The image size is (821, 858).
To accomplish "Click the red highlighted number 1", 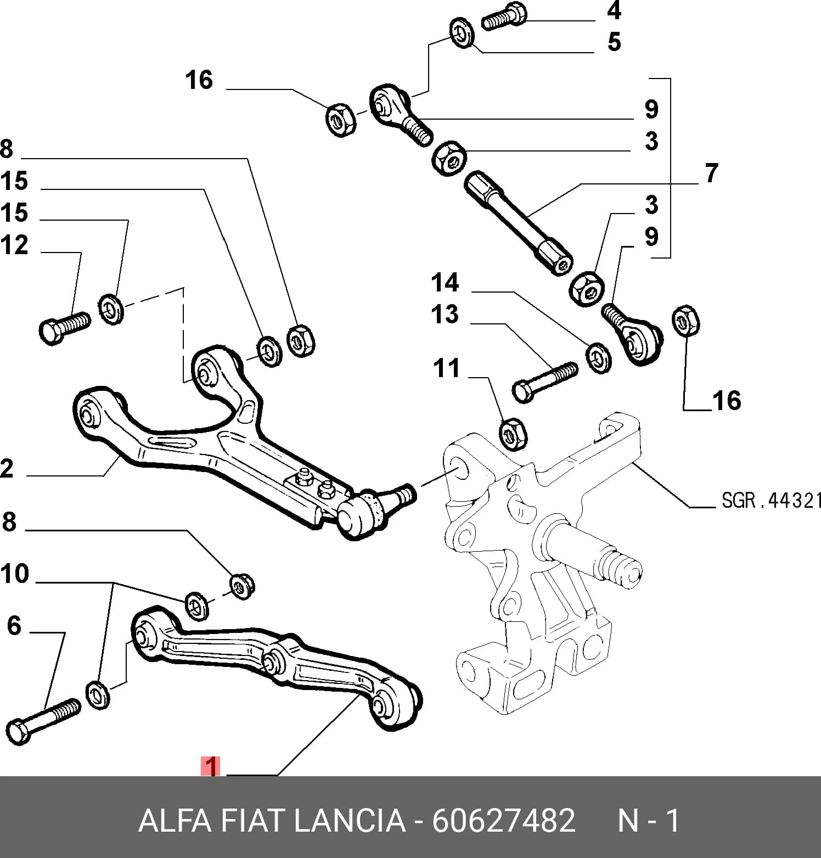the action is [211, 766].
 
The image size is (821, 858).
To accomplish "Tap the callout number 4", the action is [614, 10].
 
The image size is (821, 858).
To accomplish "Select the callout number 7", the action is [711, 173].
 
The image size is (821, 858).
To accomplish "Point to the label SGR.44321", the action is [771, 500].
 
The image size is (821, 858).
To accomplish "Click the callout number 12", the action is [14, 245].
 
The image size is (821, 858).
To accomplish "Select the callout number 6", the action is [14, 626].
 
